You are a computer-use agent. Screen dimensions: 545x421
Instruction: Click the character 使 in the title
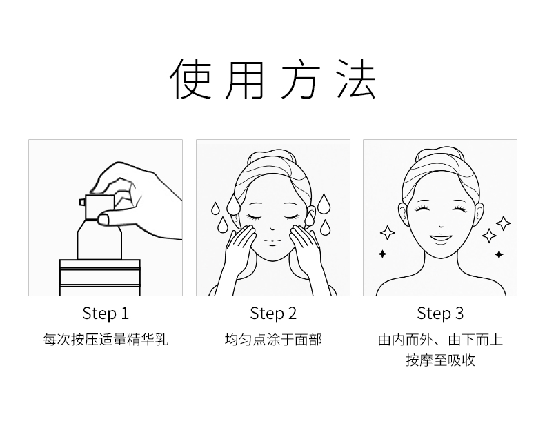coord(190,79)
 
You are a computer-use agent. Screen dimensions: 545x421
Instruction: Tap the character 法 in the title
coord(356,79)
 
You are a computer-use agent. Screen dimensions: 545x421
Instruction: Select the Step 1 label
coord(106,313)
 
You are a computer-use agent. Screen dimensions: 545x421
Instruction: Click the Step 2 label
coord(273,313)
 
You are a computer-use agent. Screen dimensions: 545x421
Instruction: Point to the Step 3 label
coord(440,313)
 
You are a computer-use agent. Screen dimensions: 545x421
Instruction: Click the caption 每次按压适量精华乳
coord(106,340)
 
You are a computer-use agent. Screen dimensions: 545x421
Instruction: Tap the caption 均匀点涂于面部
coord(273,340)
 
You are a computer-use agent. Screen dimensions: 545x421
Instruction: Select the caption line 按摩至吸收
coord(440,360)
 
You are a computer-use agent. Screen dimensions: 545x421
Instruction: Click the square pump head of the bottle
coord(100,207)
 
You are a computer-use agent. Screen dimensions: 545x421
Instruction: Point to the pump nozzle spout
coord(82,202)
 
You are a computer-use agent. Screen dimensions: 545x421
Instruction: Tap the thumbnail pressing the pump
coord(103,219)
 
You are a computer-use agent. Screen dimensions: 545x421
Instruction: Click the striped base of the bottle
coord(100,277)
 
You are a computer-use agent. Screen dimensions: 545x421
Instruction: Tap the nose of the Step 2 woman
coord(273,229)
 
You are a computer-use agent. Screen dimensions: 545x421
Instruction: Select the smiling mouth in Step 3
coord(441,239)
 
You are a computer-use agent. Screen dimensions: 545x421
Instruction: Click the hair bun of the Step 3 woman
coord(440,154)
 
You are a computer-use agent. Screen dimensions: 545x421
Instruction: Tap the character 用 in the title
coord(245,79)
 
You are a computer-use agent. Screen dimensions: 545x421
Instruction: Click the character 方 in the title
coord(300,79)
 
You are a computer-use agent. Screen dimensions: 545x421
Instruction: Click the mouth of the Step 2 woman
coord(273,245)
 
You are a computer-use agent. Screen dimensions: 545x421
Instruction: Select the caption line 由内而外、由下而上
coord(440,340)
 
